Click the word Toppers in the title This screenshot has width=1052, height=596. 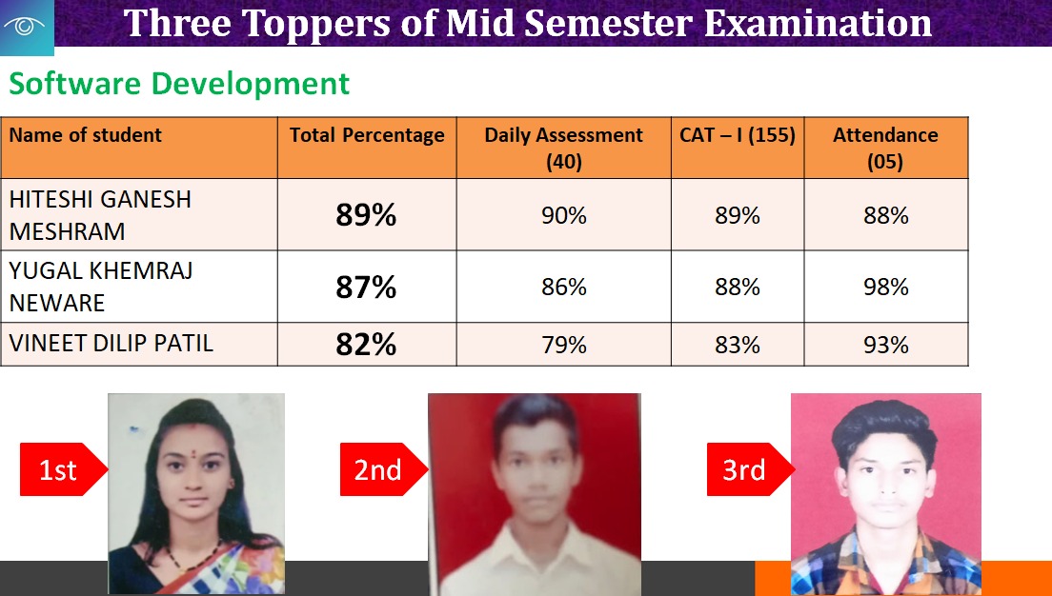click(x=314, y=24)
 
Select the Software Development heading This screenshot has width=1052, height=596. click(x=179, y=84)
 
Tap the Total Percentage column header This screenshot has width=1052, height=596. click(x=367, y=135)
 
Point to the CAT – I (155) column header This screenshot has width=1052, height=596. click(x=738, y=135)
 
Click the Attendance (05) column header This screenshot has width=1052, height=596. click(x=885, y=149)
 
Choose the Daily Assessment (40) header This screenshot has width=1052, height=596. click(x=563, y=149)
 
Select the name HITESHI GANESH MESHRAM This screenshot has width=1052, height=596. click(x=100, y=215)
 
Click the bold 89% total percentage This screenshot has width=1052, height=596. click(x=366, y=215)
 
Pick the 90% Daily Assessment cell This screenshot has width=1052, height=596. click(x=564, y=215)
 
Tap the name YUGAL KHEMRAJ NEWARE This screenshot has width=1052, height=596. click(x=101, y=287)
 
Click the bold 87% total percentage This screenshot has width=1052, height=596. click(x=366, y=287)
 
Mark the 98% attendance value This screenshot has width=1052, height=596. click(x=886, y=287)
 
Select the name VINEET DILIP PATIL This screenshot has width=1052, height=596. click(x=111, y=344)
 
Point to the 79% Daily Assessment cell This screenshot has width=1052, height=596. click(x=564, y=345)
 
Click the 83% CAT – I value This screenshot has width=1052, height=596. click(x=738, y=345)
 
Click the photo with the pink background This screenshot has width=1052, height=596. click(x=885, y=494)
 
